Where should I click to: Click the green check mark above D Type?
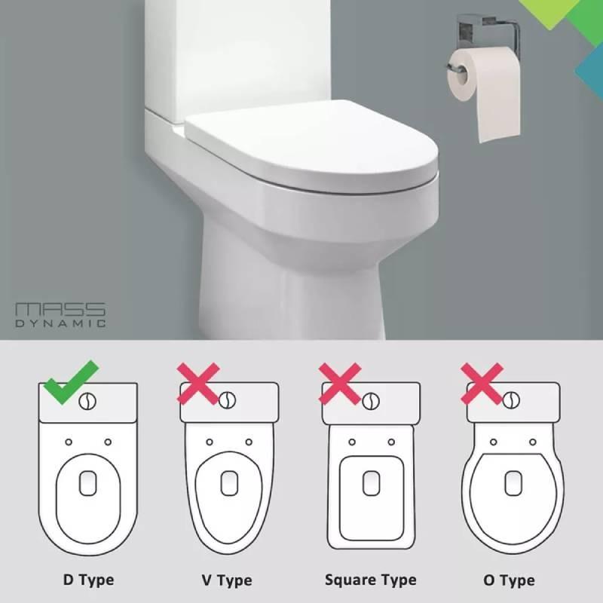point(70,381)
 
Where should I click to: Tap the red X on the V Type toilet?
point(198,383)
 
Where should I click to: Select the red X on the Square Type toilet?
point(341,383)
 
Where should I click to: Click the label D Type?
point(88,580)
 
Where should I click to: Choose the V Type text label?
point(226,580)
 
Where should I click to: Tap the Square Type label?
point(370,580)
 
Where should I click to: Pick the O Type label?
point(509,580)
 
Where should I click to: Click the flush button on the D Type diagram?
point(88,400)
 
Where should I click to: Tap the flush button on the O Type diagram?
point(513,399)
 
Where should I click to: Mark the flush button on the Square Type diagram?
point(370,400)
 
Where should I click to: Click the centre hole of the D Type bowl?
point(88,482)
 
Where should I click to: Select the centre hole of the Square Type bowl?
point(370,482)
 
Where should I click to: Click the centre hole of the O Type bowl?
point(513,480)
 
